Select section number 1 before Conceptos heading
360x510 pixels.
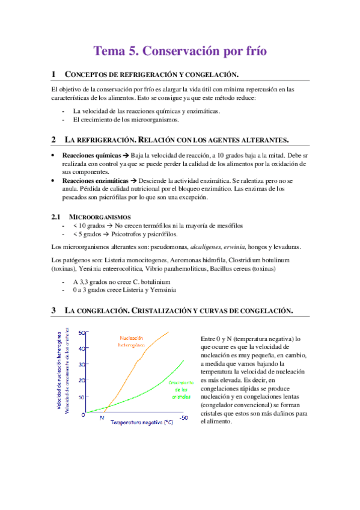pos(53,74)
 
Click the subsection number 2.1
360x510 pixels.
pos(56,216)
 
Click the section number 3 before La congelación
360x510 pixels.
pos(53,310)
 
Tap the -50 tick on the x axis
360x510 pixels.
pos(183,417)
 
